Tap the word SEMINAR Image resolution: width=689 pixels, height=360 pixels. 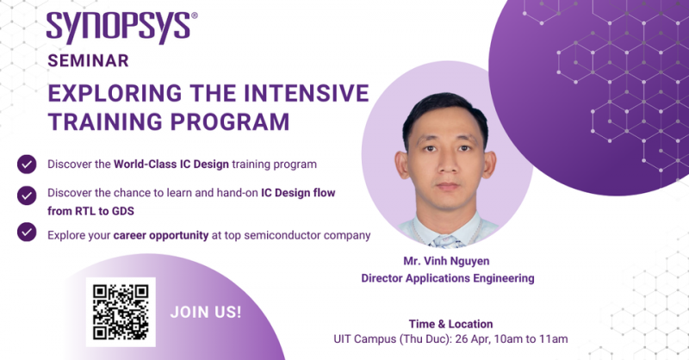(x=88, y=60)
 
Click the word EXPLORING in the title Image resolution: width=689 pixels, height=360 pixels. (x=115, y=93)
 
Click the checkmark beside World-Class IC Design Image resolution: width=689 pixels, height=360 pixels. (x=27, y=164)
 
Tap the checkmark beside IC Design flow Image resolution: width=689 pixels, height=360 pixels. (x=27, y=196)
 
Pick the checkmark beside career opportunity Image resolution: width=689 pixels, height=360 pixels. (x=27, y=232)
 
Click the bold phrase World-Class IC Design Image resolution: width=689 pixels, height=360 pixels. (x=171, y=164)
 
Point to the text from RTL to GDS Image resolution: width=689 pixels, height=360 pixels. (x=91, y=211)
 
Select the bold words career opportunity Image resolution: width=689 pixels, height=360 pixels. (x=161, y=236)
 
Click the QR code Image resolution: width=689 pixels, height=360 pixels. (x=121, y=312)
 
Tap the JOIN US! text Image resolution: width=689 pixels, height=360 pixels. (x=206, y=312)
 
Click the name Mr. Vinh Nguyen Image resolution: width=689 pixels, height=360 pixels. (x=446, y=261)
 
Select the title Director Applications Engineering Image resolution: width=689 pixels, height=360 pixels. (x=448, y=278)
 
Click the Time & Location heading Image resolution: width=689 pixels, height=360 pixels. (x=450, y=324)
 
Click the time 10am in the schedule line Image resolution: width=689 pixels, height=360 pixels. (x=508, y=339)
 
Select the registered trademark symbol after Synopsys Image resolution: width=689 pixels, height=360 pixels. (x=195, y=16)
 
